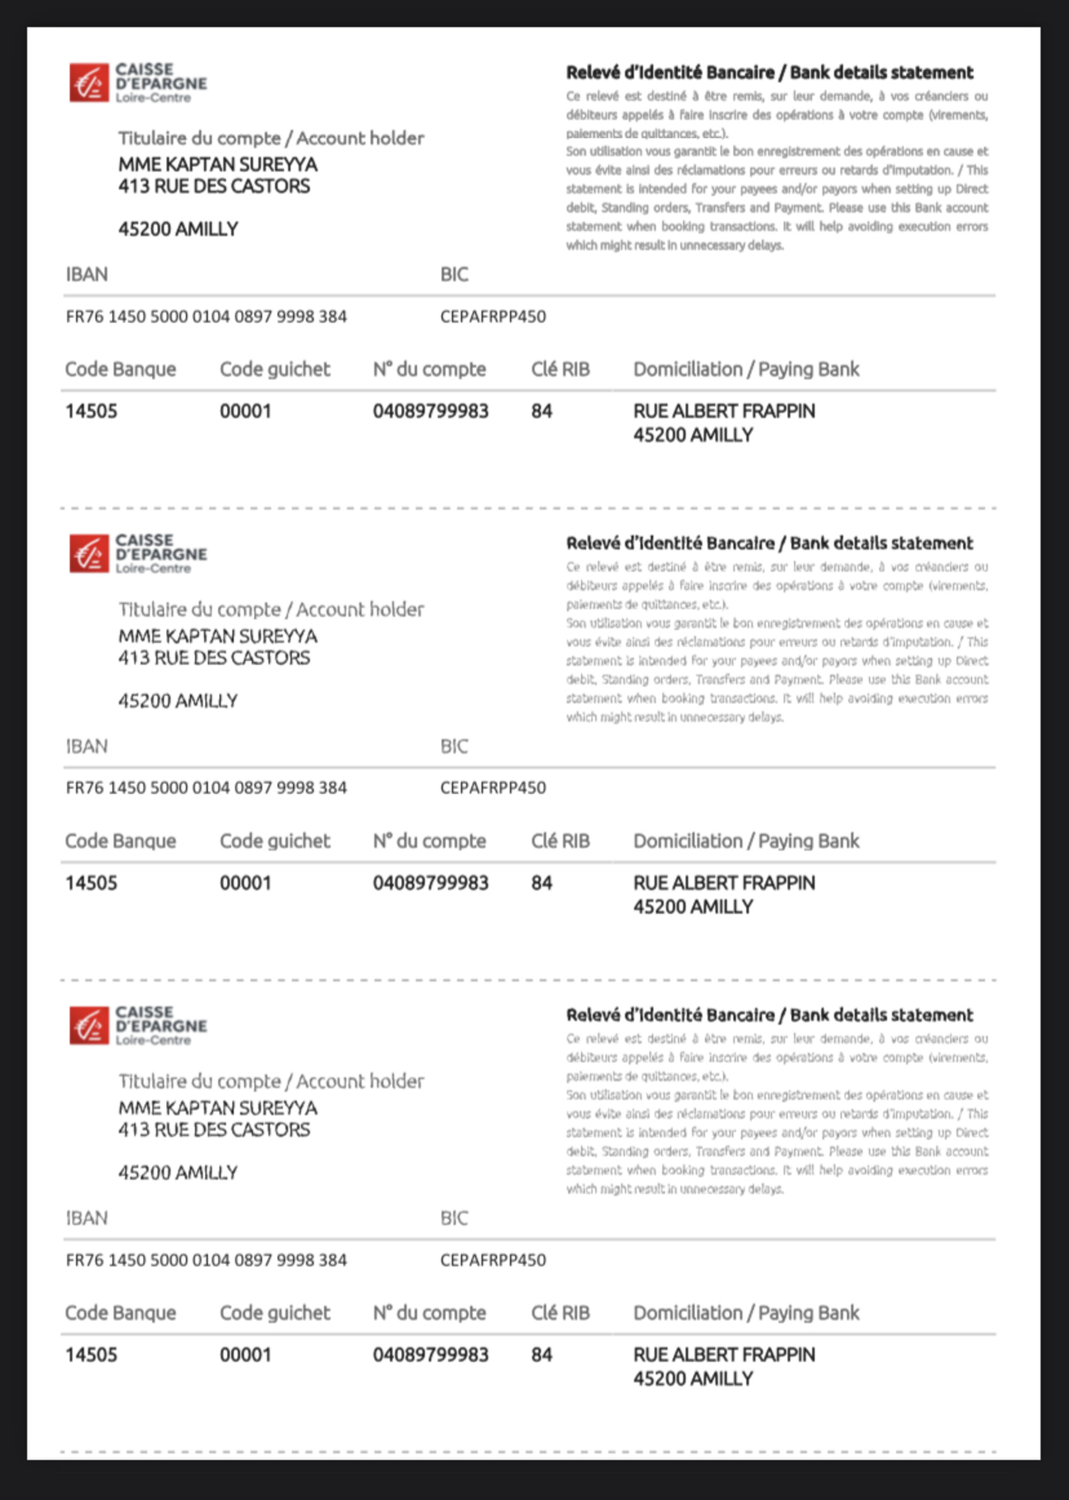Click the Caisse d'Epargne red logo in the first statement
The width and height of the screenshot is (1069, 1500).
[89, 83]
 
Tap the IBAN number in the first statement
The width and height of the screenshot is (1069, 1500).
[206, 316]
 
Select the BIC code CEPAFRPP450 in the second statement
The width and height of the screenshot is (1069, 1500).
[493, 788]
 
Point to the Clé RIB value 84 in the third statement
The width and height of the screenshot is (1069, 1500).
[542, 1355]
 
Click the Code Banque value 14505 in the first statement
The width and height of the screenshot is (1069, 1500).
[91, 411]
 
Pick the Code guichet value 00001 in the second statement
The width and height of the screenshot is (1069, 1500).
[245, 883]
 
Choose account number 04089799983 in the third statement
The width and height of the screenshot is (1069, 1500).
[430, 1355]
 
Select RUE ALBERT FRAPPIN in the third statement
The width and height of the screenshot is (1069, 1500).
[724, 1355]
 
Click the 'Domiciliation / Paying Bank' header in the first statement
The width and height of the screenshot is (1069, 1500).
[746, 369]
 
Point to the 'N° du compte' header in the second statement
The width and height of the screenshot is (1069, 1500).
[429, 841]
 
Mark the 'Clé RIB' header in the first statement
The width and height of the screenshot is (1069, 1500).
[560, 369]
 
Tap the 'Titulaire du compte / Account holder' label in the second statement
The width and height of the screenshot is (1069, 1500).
[271, 610]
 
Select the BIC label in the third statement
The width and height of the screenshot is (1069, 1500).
[454, 1218]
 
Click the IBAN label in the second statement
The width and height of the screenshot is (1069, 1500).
[87, 747]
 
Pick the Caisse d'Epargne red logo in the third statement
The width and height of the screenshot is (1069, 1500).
[89, 1025]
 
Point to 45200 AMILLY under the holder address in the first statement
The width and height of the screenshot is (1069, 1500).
[179, 229]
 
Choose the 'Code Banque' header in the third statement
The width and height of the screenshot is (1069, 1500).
[120, 1313]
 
